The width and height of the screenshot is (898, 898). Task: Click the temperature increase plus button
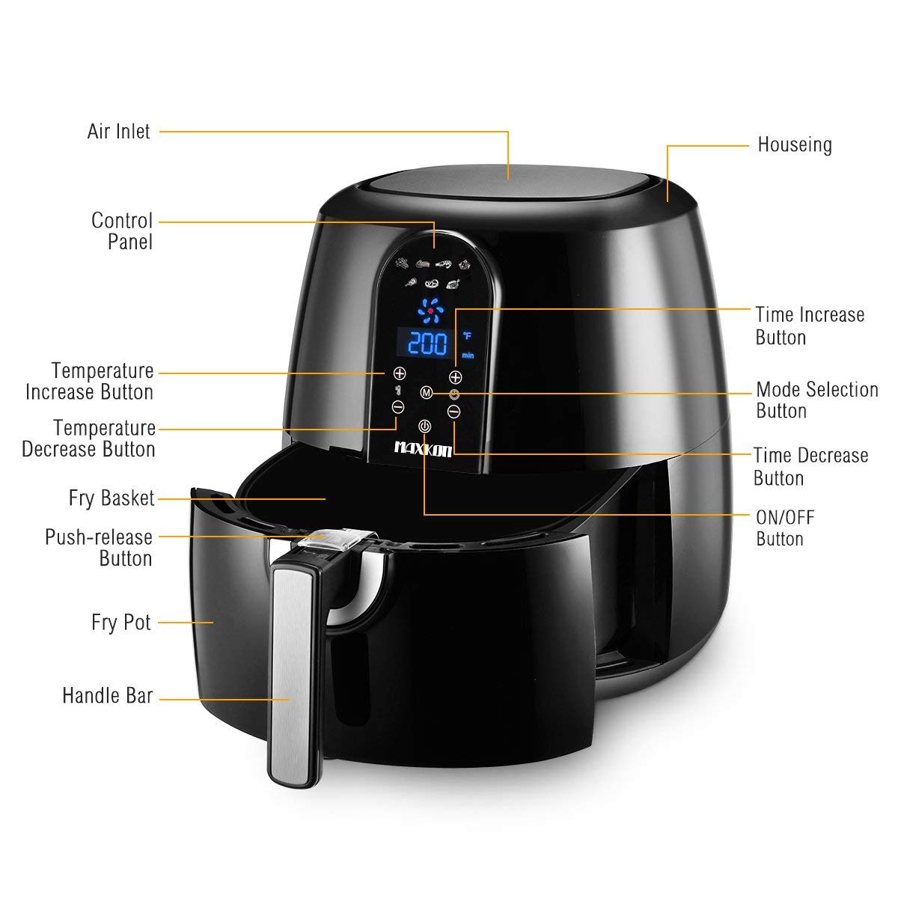point(400,373)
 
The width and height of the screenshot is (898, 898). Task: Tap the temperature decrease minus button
point(398,407)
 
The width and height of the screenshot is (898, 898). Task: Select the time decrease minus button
point(454,412)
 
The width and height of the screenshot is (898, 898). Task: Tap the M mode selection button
point(427,393)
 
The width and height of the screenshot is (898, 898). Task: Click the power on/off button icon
point(424,427)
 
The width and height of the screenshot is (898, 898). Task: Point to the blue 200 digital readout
point(428,344)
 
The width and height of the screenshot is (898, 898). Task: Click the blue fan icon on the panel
point(430,311)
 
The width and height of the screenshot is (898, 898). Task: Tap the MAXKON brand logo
point(423,450)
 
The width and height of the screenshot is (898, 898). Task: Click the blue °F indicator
point(467,335)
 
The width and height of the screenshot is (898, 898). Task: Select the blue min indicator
point(468,355)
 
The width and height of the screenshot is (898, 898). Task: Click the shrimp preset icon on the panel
point(444,265)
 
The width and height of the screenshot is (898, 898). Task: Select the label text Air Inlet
point(119,132)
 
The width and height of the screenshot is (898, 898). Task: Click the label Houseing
point(795,145)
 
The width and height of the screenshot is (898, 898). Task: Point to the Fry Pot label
point(121,622)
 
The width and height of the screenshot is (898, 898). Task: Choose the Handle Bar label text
point(108,696)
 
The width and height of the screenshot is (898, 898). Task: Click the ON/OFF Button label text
point(785,528)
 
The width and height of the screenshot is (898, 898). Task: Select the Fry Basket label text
point(112,498)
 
